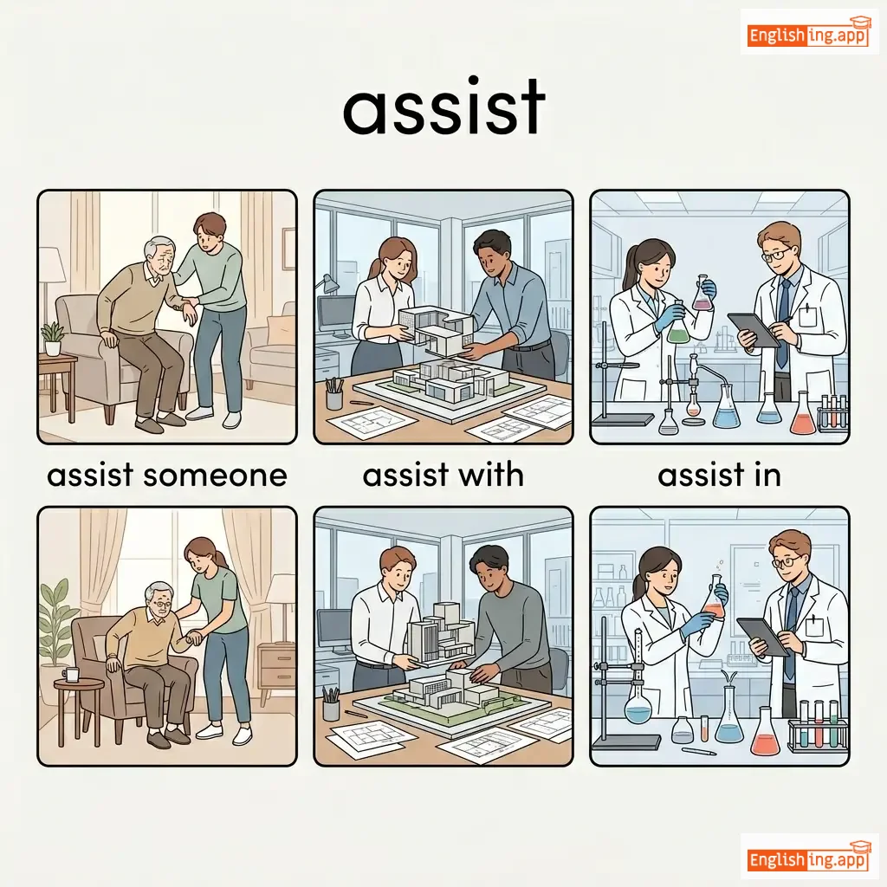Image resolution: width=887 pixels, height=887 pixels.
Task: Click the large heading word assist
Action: pos(444,107)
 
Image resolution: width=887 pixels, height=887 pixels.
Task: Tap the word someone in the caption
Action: pos(215,476)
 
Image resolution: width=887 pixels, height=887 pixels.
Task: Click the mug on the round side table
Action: pos(71,674)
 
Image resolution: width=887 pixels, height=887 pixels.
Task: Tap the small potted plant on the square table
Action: pos(53,339)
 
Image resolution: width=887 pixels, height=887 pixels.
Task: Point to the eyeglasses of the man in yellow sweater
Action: pos(162,604)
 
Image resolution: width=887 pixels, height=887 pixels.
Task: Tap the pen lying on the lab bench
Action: pos(699,751)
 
